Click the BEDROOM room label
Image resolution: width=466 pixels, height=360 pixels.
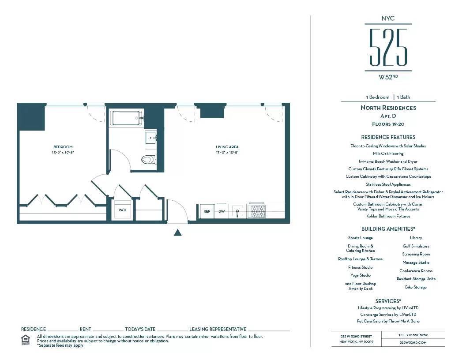click(63, 147)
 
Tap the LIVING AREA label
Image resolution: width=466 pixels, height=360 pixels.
click(227, 147)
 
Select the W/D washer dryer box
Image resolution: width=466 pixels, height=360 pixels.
click(122, 210)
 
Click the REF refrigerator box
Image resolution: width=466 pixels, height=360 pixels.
click(206, 212)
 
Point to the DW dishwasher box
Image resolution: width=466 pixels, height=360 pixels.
click(222, 212)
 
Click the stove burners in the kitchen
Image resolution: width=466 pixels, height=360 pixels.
click(256, 212)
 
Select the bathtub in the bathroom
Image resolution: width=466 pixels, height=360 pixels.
click(127, 118)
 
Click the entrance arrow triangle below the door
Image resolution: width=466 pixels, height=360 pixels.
click(177, 232)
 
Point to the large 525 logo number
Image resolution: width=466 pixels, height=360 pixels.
click(388, 47)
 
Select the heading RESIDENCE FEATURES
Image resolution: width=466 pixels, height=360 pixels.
click(388, 137)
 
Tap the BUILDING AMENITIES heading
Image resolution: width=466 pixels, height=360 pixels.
click(388, 229)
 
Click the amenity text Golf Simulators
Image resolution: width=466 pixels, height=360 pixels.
click(416, 246)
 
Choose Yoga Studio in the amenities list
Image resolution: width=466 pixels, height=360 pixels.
click(361, 275)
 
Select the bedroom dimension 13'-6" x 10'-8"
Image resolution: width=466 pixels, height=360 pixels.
click(63, 152)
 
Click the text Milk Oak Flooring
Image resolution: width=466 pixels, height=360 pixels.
click(388, 154)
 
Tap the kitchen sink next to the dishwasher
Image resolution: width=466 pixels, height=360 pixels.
click(237, 212)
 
